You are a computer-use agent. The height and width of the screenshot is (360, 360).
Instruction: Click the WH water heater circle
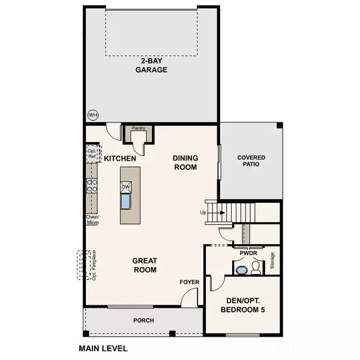tap(93, 115)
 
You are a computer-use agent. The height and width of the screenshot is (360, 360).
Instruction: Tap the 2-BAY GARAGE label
tap(151, 65)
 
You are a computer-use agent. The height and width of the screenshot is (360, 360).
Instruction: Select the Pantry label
tap(139, 128)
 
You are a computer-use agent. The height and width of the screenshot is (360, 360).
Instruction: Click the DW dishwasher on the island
tap(125, 187)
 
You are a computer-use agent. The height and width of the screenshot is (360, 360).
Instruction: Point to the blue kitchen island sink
tap(126, 202)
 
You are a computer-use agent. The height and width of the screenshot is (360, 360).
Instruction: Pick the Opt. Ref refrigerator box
tap(92, 154)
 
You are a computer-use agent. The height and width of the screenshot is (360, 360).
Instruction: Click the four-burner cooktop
tap(92, 186)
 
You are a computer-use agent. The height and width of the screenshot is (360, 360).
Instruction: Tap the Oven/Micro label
tap(92, 220)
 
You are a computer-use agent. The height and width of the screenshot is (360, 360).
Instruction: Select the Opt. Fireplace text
tap(94, 265)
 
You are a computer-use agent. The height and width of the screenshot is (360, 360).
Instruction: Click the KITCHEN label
tap(120, 158)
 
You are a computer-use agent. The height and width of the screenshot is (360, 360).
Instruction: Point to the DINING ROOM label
tap(185, 163)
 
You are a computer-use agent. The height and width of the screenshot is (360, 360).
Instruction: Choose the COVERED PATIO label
tap(251, 161)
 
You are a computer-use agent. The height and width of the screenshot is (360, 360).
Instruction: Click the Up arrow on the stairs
tap(216, 213)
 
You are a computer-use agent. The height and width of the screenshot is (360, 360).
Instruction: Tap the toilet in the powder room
tap(256, 268)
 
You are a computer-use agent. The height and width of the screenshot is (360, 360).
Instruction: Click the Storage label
tap(272, 260)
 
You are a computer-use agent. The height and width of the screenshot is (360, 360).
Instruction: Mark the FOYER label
tap(190, 282)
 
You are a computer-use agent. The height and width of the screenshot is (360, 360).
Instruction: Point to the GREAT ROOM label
tap(145, 265)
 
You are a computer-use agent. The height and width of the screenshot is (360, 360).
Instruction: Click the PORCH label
tap(144, 320)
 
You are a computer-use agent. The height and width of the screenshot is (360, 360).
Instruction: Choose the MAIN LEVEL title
tap(103, 349)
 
